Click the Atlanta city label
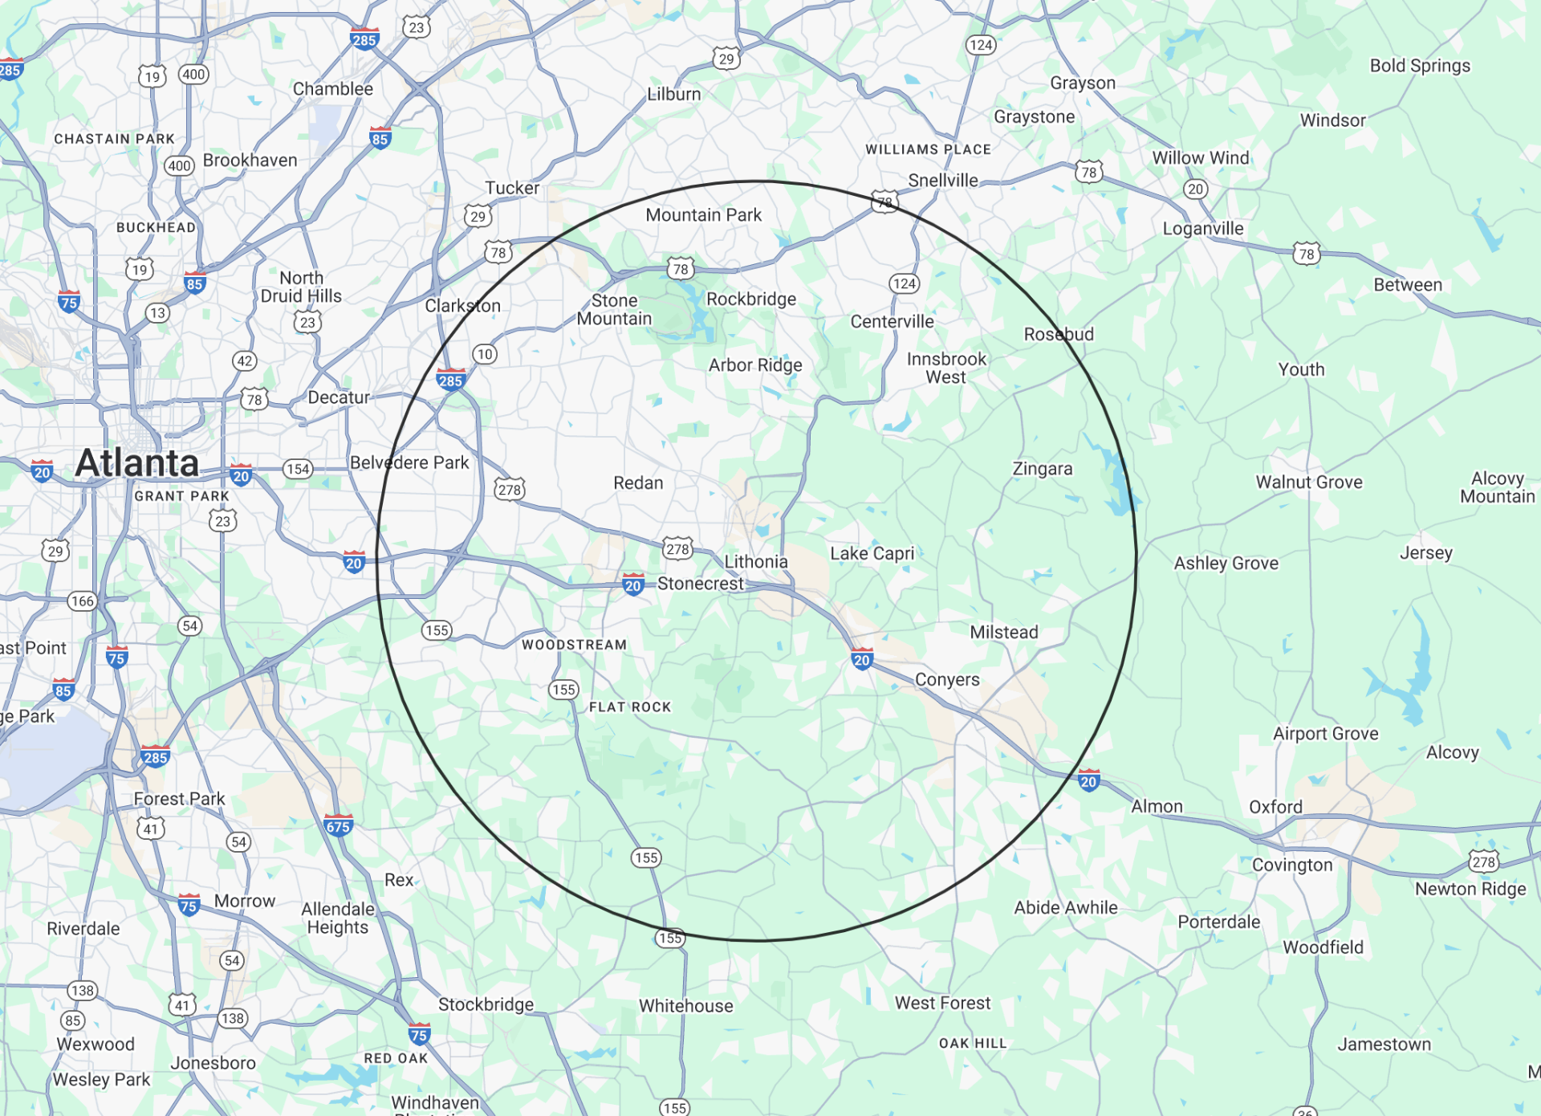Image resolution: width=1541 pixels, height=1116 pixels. point(136,463)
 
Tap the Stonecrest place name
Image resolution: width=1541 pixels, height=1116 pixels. point(700,584)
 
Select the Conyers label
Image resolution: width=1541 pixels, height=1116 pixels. point(947,680)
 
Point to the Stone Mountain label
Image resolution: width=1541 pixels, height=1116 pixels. point(614,310)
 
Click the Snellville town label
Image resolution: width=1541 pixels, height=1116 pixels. point(943,181)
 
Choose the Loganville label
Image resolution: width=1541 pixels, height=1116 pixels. point(1203,229)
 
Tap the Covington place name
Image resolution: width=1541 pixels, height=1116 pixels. point(1292,866)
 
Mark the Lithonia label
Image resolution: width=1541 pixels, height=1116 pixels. point(756,562)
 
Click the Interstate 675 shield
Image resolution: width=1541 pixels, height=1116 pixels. point(338,826)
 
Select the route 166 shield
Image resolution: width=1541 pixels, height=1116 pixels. point(82,601)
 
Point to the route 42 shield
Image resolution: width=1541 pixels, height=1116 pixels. point(245,361)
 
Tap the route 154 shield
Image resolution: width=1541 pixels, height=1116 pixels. point(298,469)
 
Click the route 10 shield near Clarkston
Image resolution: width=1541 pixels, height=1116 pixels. point(485,354)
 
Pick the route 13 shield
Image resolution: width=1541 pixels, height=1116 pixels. point(157,313)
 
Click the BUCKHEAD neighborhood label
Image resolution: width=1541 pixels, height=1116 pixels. point(156,228)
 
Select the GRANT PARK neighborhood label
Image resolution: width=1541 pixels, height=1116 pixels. point(181,496)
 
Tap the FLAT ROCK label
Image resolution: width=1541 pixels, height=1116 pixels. point(630,707)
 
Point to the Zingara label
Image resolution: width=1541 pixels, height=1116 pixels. point(1043,469)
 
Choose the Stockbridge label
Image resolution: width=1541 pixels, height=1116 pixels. point(486,1004)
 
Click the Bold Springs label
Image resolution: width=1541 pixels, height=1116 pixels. point(1420,66)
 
